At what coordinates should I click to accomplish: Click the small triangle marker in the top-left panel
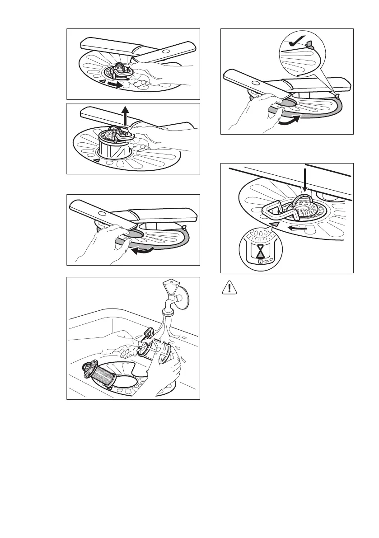(x=103, y=81)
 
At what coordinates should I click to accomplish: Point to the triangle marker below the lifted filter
(x=96, y=160)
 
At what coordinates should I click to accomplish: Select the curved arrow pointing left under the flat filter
(x=144, y=250)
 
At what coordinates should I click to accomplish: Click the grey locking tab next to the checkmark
(x=309, y=45)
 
